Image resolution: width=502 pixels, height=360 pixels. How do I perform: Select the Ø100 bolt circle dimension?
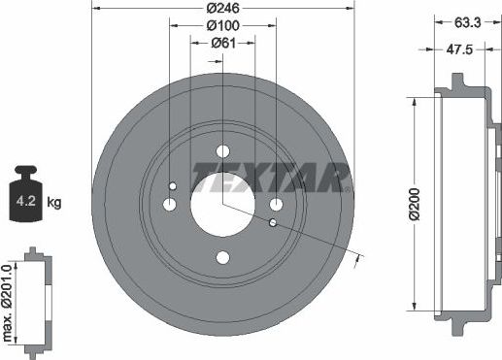[222, 27]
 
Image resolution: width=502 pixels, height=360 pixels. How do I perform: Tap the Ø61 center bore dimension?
[222, 44]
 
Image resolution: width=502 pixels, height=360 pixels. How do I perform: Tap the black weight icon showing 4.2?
[27, 200]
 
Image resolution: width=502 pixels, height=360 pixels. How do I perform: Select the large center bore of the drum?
[222, 204]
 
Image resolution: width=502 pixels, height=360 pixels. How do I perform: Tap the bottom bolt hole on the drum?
[222, 257]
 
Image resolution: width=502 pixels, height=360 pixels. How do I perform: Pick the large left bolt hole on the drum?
[169, 204]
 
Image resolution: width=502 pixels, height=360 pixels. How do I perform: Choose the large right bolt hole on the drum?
[276, 204]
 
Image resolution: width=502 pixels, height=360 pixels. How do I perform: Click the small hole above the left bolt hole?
[173, 186]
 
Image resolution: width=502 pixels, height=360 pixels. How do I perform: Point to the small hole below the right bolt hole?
[273, 222]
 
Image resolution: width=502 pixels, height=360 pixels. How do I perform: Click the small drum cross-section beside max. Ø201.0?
[40, 302]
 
